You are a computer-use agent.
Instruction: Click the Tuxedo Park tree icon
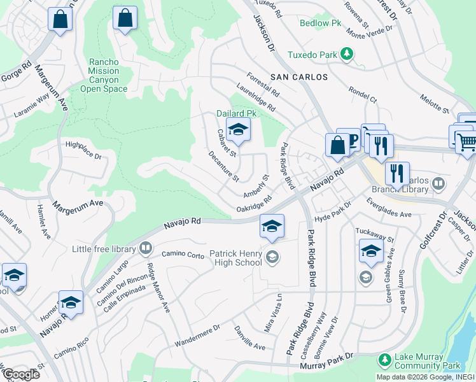click(347, 54)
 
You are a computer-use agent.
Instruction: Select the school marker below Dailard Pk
click(238, 130)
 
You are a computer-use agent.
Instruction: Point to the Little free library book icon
click(146, 248)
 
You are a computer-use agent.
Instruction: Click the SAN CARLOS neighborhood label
click(299, 77)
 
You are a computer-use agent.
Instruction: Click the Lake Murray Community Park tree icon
click(384, 360)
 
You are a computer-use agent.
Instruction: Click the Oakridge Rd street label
click(254, 204)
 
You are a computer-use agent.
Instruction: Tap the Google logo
click(20, 374)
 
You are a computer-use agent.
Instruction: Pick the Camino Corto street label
click(183, 255)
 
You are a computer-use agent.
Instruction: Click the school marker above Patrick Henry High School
click(272, 227)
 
